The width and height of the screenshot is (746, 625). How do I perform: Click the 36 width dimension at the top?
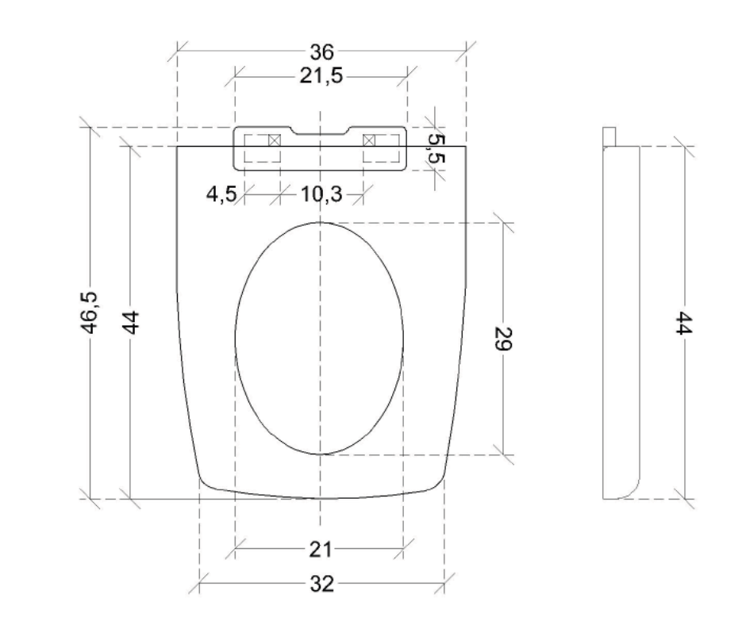pos(321,53)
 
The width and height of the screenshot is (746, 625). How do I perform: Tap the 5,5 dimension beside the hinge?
pos(436,149)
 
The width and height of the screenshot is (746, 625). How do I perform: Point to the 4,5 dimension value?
pos(221,194)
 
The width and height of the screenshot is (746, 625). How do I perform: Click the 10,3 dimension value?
pos(321,194)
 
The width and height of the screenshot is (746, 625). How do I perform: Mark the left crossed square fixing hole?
pos(275,140)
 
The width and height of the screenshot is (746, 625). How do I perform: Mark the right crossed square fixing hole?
pos(368,140)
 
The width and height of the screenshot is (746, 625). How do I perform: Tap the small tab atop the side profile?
pos(609,136)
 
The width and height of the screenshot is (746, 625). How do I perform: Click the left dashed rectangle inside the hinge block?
pos(263,148)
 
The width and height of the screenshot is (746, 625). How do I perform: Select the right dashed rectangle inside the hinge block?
pos(382,148)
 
